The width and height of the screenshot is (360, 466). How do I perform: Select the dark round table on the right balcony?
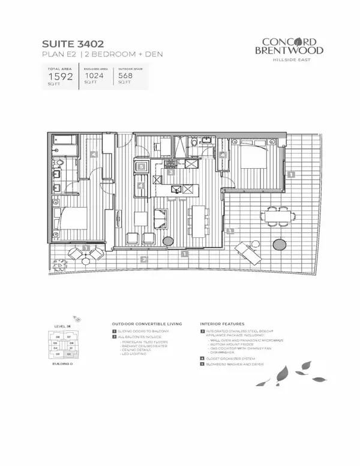tap(280, 244)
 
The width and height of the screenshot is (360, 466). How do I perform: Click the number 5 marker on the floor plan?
tap(140, 166)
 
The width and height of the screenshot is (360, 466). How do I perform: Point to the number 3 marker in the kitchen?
tap(171, 172)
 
